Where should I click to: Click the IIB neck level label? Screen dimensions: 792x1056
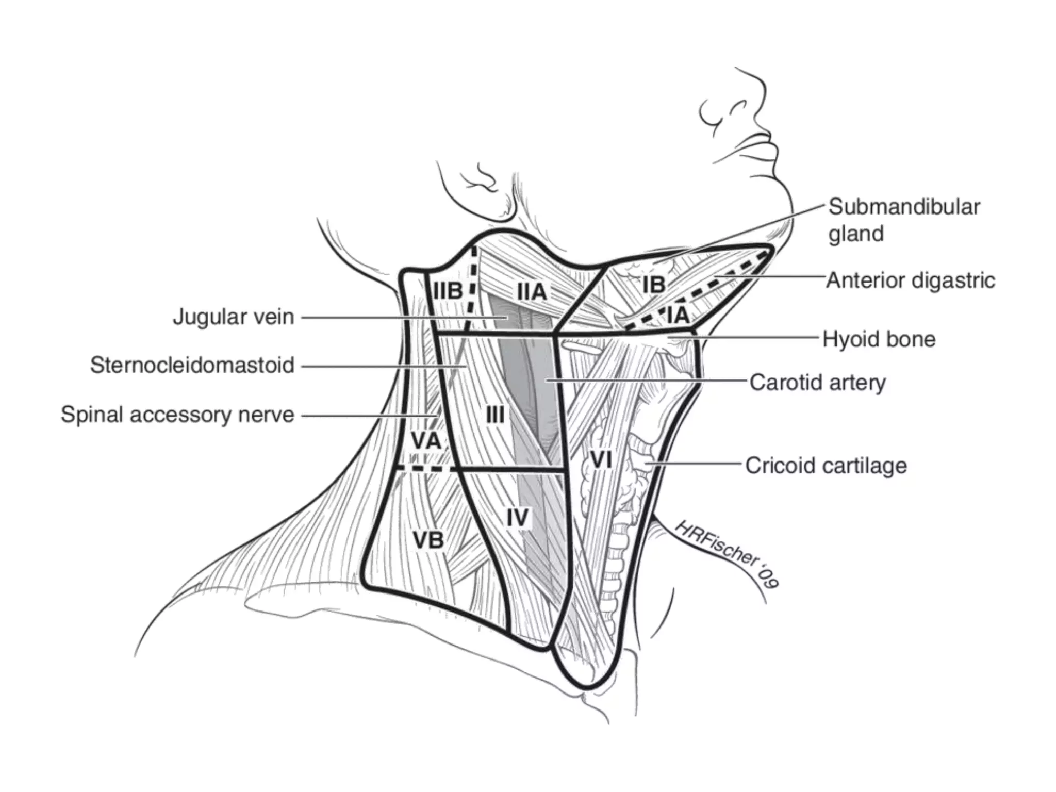coord(448,291)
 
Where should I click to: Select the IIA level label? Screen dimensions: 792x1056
coord(532,292)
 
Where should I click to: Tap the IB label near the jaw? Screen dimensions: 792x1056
coord(653,285)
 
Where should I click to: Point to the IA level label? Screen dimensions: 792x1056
coord(678,315)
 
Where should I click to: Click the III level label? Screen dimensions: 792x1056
coord(495,414)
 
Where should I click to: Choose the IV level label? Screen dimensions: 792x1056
coord(517,517)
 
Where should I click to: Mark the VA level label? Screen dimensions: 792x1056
coord(426,441)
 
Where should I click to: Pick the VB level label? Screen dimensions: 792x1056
coord(428,540)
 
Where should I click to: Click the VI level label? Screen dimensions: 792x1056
coord(601,459)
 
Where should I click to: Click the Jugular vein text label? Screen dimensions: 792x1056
coord(234,317)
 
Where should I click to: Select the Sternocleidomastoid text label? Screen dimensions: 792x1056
coord(192,365)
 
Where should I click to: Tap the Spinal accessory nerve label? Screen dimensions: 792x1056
coord(177,415)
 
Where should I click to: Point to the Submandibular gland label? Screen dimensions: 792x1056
coord(904,220)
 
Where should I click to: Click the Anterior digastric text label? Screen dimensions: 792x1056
coord(911,280)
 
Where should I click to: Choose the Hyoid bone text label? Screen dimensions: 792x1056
coord(879,339)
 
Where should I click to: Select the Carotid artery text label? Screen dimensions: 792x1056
coord(817,383)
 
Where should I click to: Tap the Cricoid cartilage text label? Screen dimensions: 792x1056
coord(826,466)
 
